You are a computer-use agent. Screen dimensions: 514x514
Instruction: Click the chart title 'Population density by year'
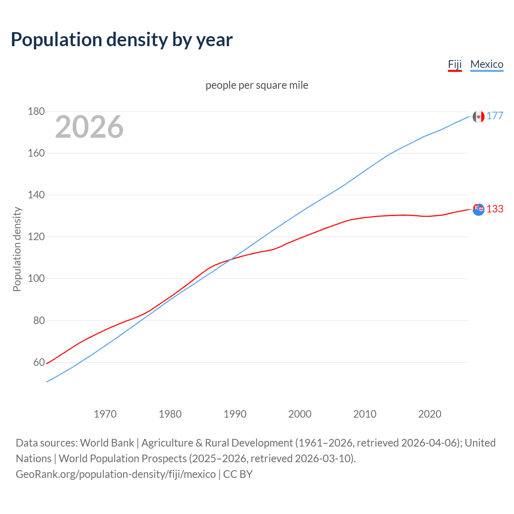pyautogui.click(x=122, y=40)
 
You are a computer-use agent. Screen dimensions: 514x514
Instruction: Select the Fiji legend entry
pyautogui.click(x=455, y=64)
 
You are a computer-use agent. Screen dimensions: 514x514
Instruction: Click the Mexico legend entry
pyautogui.click(x=487, y=64)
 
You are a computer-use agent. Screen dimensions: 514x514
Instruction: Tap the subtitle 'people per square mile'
pyautogui.click(x=257, y=85)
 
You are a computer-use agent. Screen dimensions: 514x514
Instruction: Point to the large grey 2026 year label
pyautogui.click(x=89, y=127)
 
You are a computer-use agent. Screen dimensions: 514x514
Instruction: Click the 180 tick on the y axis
pyautogui.click(x=36, y=111)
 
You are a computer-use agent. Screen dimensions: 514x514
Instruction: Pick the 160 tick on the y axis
pyautogui.click(x=36, y=153)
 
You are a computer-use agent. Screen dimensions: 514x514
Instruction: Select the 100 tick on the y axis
pyautogui.click(x=36, y=279)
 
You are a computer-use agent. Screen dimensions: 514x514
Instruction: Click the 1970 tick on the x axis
pyautogui.click(x=105, y=414)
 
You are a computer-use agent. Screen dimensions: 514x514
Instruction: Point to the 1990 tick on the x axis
pyautogui.click(x=235, y=414)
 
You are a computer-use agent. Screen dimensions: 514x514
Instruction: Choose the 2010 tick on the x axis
pyautogui.click(x=365, y=414)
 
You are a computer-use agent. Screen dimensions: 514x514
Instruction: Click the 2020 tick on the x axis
pyautogui.click(x=430, y=414)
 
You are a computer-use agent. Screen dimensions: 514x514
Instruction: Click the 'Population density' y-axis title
pyautogui.click(x=17, y=249)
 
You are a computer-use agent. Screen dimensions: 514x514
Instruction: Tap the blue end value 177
pyautogui.click(x=495, y=116)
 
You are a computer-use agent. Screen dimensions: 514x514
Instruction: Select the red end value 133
pyautogui.click(x=495, y=209)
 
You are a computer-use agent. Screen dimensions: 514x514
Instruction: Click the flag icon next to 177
pyautogui.click(x=478, y=116)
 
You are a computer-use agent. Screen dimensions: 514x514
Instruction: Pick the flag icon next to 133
pyautogui.click(x=478, y=209)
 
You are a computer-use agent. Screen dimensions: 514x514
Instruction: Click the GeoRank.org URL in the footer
pyautogui.click(x=116, y=474)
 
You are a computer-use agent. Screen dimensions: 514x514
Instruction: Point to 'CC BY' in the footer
pyautogui.click(x=238, y=474)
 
